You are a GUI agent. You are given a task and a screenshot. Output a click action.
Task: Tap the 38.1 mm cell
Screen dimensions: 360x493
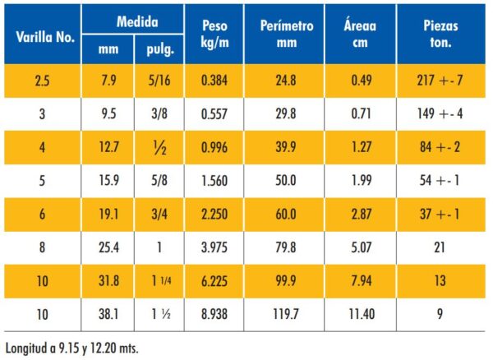pyautogui.click(x=109, y=314)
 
